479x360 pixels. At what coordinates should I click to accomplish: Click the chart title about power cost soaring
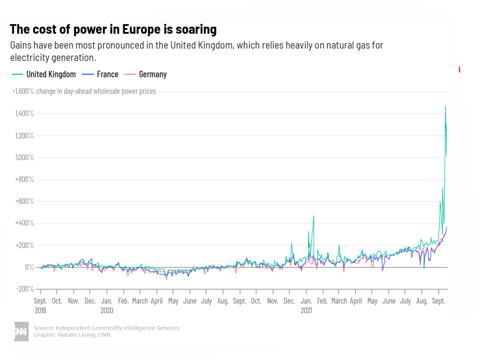[113, 29]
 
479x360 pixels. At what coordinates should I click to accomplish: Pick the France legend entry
[101, 74]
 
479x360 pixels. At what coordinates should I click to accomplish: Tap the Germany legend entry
[146, 74]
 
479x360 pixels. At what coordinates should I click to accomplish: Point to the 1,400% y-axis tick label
[25, 113]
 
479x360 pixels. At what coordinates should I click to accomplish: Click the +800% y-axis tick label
[25, 179]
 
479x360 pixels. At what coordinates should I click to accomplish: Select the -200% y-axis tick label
[25, 289]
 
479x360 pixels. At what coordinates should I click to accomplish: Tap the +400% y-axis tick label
[25, 223]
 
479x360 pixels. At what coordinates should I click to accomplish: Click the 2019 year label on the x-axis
[41, 310]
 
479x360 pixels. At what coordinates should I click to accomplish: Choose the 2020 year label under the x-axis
[107, 310]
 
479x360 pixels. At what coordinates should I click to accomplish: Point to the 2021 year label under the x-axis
[306, 310]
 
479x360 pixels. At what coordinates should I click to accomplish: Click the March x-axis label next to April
[339, 301]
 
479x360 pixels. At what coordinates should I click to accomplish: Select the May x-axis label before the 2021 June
[372, 301]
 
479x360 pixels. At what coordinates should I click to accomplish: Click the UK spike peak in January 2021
[314, 216]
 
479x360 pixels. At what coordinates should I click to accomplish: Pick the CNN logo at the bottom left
[21, 331]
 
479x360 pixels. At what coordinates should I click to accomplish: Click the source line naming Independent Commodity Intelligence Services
[106, 328]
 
